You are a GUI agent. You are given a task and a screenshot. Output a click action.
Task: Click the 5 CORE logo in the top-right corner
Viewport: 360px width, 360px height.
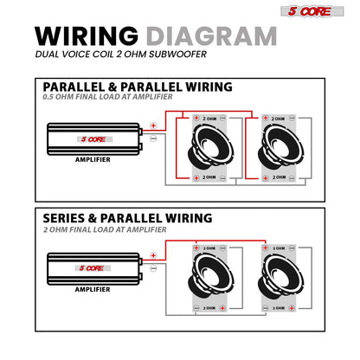312,11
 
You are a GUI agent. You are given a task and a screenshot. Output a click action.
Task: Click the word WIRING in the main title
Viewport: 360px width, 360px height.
87,36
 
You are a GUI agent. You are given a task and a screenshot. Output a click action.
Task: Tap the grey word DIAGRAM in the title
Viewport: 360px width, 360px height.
212,36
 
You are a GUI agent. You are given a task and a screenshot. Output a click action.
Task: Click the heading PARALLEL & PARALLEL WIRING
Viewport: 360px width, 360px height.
138,87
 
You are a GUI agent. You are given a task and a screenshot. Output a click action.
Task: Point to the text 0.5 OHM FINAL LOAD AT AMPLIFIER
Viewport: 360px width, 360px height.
107,97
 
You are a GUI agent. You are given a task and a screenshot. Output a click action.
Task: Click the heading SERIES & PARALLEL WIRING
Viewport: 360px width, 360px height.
127,218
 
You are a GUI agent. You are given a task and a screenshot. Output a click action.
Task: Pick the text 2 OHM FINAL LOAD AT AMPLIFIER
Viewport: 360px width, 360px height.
105,229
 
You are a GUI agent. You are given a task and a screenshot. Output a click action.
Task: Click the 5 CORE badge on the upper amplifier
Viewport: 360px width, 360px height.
94,139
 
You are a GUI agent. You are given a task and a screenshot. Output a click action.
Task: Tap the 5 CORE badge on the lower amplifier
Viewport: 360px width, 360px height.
93,268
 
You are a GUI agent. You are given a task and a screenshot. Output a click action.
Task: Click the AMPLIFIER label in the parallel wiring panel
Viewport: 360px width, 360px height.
93,159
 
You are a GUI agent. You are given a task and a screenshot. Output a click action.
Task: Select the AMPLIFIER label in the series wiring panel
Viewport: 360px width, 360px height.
93,289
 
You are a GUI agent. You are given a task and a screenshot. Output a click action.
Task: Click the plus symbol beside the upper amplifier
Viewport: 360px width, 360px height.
153,125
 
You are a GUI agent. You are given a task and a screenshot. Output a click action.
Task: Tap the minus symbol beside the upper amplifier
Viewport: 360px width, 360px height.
153,138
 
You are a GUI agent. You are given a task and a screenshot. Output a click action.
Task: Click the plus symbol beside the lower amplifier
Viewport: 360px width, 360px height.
153,255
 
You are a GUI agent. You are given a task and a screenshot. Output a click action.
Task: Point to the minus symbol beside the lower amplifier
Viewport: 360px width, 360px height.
153,268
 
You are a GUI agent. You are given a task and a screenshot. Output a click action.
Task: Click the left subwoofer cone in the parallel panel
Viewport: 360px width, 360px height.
210,148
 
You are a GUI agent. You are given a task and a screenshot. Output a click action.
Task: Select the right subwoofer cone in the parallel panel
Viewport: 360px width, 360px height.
280,148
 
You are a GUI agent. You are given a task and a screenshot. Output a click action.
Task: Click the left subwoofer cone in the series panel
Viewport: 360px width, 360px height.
210,277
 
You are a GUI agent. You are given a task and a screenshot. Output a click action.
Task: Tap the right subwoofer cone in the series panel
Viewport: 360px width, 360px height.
280,277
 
